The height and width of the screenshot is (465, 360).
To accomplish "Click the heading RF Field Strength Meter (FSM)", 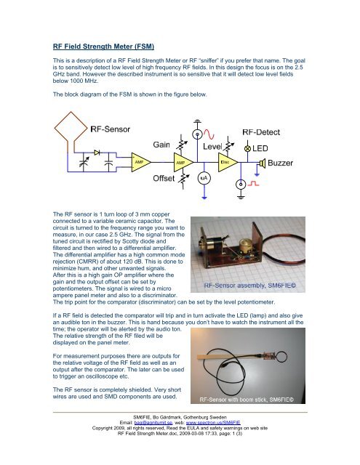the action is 103,46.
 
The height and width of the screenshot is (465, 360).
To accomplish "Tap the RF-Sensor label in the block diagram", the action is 110,129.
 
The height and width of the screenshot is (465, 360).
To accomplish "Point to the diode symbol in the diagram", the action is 97,153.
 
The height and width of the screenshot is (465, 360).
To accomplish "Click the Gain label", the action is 161,145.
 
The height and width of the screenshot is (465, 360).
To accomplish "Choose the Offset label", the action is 164,178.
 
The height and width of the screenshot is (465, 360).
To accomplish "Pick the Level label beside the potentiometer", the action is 212,147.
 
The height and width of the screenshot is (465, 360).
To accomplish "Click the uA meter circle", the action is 204,178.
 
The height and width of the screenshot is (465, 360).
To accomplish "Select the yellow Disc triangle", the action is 228,162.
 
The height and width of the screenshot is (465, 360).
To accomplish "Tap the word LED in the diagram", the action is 260,148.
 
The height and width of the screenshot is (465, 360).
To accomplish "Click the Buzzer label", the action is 280,163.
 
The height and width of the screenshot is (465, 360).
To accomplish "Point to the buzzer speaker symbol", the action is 262,163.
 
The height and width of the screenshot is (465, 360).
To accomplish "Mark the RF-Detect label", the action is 261,132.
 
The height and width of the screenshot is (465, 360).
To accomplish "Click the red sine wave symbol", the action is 209,134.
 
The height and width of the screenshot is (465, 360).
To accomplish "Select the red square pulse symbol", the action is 253,184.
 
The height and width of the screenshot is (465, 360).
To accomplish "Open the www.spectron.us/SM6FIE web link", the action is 213,423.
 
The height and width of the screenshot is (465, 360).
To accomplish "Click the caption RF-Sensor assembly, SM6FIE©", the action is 250,286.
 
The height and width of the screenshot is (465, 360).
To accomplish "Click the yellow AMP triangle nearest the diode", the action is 140,162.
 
